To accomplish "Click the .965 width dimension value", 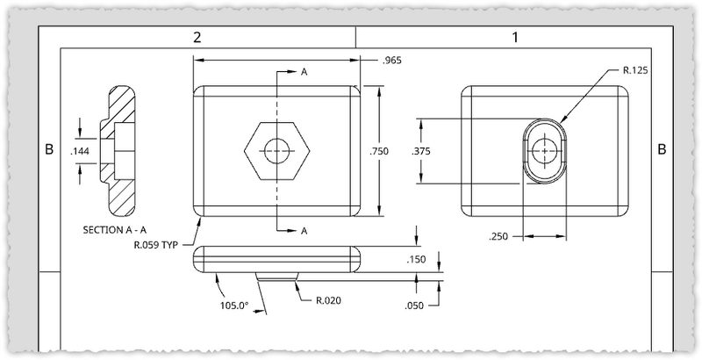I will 393,61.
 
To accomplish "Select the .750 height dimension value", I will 379,151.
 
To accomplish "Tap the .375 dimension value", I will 421,151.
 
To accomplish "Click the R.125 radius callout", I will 634,69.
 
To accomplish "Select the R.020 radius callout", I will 328,300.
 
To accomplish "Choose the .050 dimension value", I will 416,305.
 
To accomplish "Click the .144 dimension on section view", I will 80,152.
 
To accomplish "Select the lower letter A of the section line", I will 304,231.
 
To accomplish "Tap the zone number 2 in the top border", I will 198,37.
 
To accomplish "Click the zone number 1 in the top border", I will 515,37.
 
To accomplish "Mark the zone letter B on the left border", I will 49,150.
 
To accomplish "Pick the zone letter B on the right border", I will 662,150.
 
